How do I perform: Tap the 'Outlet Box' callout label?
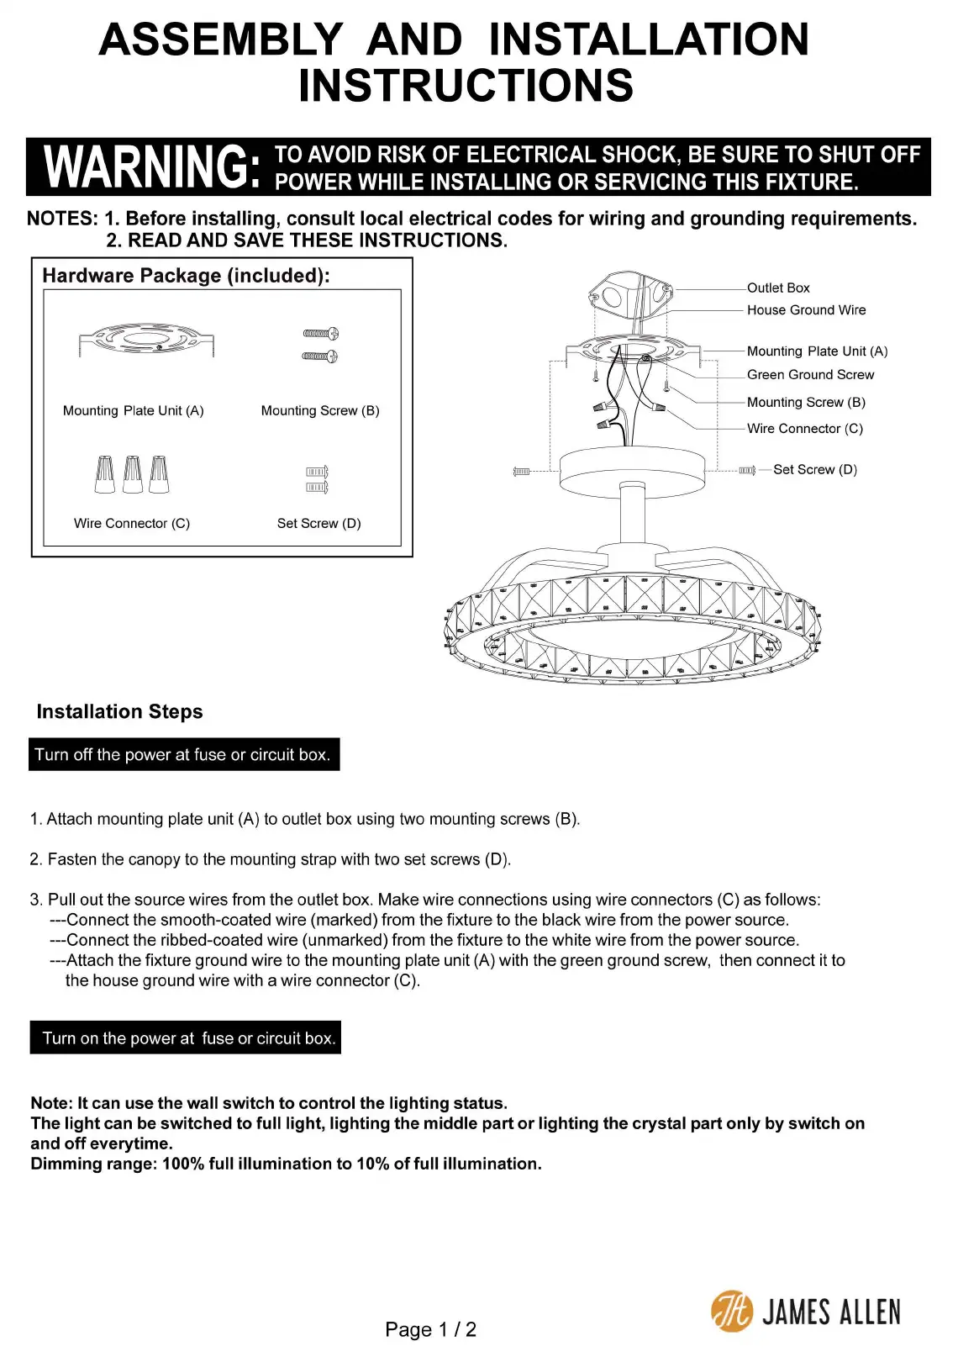click(x=778, y=288)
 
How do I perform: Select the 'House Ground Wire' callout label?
click(x=806, y=310)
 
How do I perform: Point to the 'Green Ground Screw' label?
click(x=810, y=375)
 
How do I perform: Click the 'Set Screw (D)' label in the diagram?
click(x=814, y=470)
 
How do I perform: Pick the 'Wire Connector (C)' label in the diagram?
click(x=804, y=429)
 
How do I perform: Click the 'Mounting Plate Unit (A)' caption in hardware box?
click(x=133, y=411)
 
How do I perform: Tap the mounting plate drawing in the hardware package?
click(x=146, y=339)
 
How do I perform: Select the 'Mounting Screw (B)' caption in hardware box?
click(x=320, y=411)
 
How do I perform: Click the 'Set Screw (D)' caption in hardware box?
click(x=318, y=524)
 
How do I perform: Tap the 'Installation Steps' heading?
click(x=119, y=712)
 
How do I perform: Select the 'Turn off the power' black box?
click(x=184, y=755)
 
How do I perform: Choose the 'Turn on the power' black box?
click(x=186, y=1038)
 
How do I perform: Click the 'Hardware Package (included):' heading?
click(x=186, y=276)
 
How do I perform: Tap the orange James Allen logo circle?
click(x=732, y=1312)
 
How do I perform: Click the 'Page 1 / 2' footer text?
click(x=430, y=1330)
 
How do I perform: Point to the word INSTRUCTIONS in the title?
click(x=466, y=86)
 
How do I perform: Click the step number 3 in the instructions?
click(x=35, y=900)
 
